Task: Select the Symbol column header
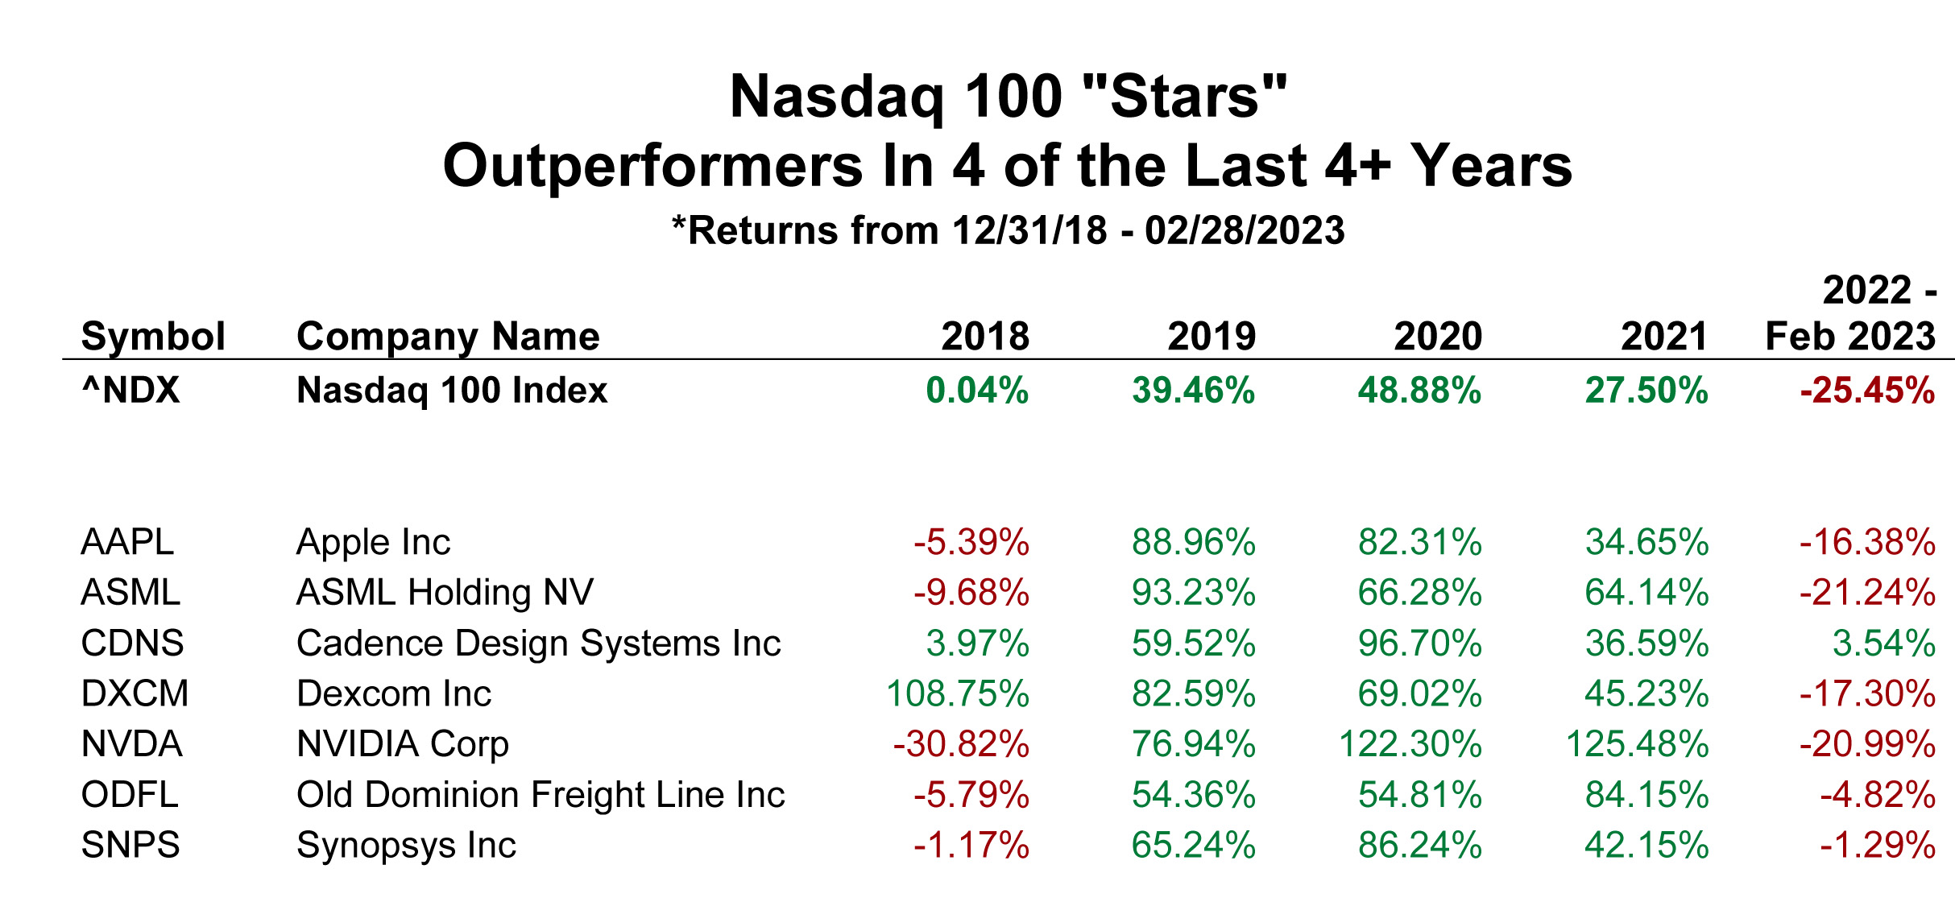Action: [153, 337]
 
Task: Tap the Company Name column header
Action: [448, 337]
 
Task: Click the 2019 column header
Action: [1212, 336]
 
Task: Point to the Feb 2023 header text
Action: [1850, 336]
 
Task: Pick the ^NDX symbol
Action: [130, 390]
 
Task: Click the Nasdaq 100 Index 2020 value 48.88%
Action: [1419, 390]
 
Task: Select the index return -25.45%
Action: [1867, 390]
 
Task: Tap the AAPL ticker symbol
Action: [127, 541]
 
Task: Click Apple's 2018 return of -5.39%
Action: [971, 541]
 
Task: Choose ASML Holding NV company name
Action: [445, 592]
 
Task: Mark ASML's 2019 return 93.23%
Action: [1193, 592]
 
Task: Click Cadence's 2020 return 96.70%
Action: [1419, 643]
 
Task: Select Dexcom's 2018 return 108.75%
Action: [958, 693]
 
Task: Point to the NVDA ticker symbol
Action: [132, 743]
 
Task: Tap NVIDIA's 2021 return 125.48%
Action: [1637, 743]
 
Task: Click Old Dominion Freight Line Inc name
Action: [541, 794]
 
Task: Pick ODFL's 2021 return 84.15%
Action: [1646, 794]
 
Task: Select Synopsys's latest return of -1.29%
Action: [1877, 845]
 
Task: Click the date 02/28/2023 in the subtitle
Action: [1245, 230]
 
